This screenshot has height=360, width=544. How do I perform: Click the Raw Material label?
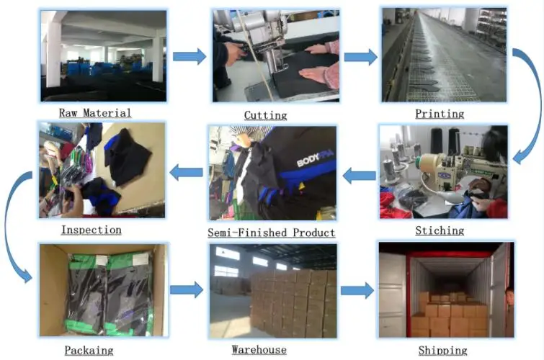(95, 113)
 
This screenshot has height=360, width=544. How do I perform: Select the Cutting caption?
(265, 115)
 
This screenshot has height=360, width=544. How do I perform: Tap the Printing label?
(440, 114)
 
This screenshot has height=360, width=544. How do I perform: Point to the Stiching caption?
(440, 231)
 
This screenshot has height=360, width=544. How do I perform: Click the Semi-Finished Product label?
(271, 233)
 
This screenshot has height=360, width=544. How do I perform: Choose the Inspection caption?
(91, 230)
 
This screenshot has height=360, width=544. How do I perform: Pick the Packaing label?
(89, 350)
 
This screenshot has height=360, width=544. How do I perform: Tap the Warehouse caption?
(259, 350)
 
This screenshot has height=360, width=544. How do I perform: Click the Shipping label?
(442, 351)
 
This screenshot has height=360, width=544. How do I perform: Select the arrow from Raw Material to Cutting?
(189, 57)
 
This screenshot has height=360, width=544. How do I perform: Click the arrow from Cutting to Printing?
(361, 57)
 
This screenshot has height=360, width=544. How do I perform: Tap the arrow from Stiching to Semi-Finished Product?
(358, 174)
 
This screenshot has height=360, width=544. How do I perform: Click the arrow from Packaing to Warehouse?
(187, 290)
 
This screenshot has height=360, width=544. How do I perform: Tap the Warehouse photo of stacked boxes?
(273, 291)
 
